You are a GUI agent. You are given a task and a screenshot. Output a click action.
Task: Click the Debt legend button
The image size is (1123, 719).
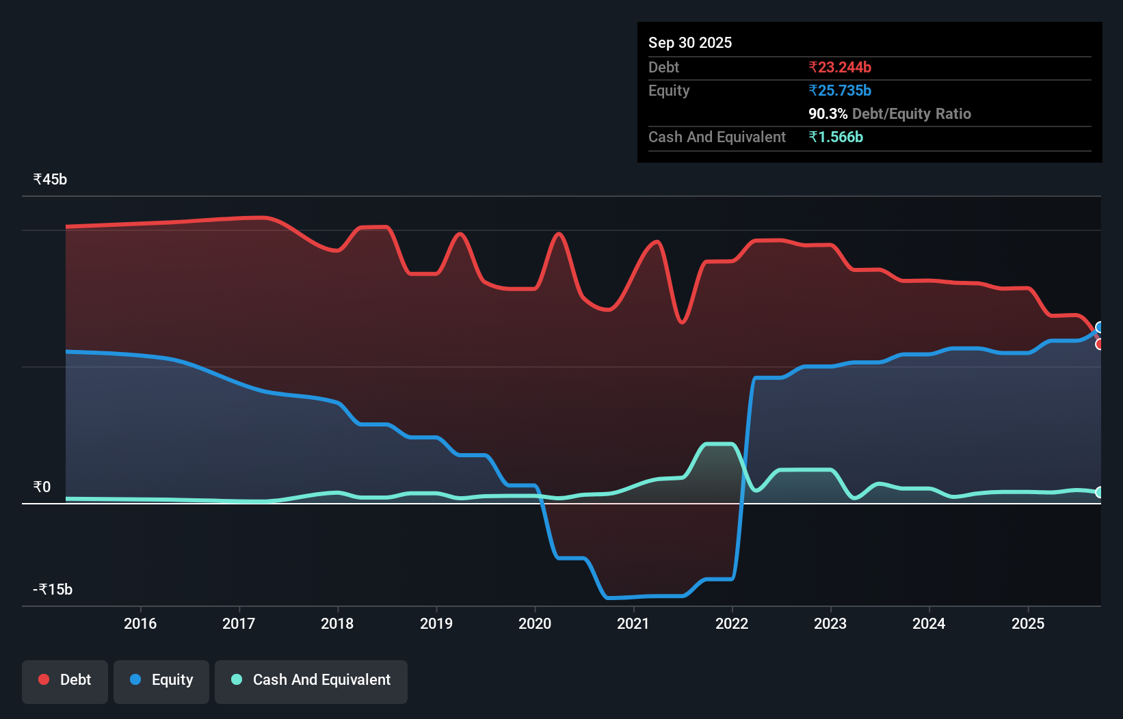pyautogui.click(x=65, y=680)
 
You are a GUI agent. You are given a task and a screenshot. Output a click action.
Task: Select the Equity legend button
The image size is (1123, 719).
pyautogui.click(x=161, y=680)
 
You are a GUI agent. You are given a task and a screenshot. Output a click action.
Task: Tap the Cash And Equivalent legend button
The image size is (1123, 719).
pyautogui.click(x=311, y=680)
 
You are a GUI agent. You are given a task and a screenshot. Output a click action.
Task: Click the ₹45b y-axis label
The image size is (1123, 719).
pyautogui.click(x=50, y=180)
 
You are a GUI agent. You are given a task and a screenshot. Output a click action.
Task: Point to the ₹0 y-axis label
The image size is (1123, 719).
pyautogui.click(x=42, y=487)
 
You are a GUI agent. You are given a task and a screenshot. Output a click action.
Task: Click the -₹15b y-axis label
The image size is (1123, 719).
pyautogui.click(x=53, y=590)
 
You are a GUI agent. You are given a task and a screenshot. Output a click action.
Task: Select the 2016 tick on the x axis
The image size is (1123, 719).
pyautogui.click(x=140, y=623)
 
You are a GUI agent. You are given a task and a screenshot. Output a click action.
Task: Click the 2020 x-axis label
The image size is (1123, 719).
pyautogui.click(x=535, y=623)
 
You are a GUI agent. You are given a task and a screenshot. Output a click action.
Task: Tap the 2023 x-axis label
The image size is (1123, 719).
pyautogui.click(x=830, y=623)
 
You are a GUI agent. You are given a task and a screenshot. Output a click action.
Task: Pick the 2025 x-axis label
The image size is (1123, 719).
pyautogui.click(x=1028, y=623)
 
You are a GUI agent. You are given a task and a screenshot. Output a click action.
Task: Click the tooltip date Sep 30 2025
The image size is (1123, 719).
pyautogui.click(x=690, y=43)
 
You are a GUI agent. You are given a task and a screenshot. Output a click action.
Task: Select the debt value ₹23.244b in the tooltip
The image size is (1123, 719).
pyautogui.click(x=840, y=68)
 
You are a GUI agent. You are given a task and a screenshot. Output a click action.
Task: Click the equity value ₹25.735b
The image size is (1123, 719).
pyautogui.click(x=840, y=91)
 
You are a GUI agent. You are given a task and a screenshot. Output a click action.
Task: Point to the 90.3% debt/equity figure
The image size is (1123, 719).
pyautogui.click(x=828, y=114)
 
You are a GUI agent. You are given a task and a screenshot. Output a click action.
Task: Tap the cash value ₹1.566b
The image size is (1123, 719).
pyautogui.click(x=836, y=137)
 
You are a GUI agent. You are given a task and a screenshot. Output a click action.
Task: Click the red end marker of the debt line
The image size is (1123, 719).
pyautogui.click(x=1099, y=344)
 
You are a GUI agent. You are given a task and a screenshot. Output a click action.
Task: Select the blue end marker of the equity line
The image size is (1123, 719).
pyautogui.click(x=1099, y=327)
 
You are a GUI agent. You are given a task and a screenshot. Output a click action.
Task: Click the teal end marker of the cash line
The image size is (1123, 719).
pyautogui.click(x=1099, y=492)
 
